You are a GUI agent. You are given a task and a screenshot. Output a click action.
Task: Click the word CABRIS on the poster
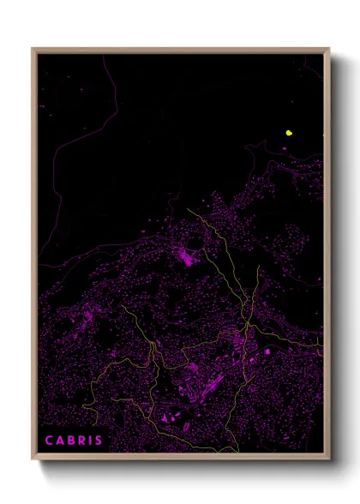[x=74, y=441]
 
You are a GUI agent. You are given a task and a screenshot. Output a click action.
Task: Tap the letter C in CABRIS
[x=49, y=441]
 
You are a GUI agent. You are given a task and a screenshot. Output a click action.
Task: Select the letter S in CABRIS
[x=99, y=441]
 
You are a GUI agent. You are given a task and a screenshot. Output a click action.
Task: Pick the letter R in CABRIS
[x=81, y=441]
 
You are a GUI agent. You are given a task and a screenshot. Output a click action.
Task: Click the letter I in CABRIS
[x=90, y=441]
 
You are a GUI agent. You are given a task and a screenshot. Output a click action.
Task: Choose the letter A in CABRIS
[x=59, y=441]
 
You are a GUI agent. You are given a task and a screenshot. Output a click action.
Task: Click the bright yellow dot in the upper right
[x=290, y=133]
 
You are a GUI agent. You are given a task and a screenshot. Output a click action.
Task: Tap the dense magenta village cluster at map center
[x=185, y=255]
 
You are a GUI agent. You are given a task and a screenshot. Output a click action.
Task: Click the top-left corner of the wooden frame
[x=33, y=49]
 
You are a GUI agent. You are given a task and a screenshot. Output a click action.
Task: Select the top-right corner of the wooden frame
[x=328, y=49]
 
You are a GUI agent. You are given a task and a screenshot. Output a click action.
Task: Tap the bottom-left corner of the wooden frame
[x=33, y=459]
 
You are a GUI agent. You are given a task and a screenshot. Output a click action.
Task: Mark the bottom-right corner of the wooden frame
[x=328, y=459]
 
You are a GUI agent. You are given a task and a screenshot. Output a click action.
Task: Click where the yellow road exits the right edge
[x=322, y=347]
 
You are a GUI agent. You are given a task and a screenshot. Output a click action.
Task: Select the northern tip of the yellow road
[x=188, y=208]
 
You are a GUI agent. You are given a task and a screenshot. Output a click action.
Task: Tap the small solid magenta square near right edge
[x=267, y=351]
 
